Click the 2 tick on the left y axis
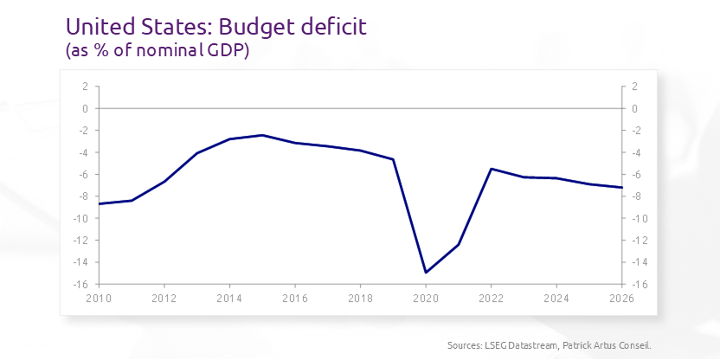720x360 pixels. click(86, 87)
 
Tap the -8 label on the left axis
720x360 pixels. click(84, 196)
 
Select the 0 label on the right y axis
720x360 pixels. click(634, 109)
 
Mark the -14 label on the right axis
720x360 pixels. click(638, 262)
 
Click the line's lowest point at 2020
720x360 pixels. click(426, 273)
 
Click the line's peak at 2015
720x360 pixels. click(262, 135)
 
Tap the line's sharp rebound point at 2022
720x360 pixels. click(492, 169)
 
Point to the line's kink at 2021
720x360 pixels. click(459, 244)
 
